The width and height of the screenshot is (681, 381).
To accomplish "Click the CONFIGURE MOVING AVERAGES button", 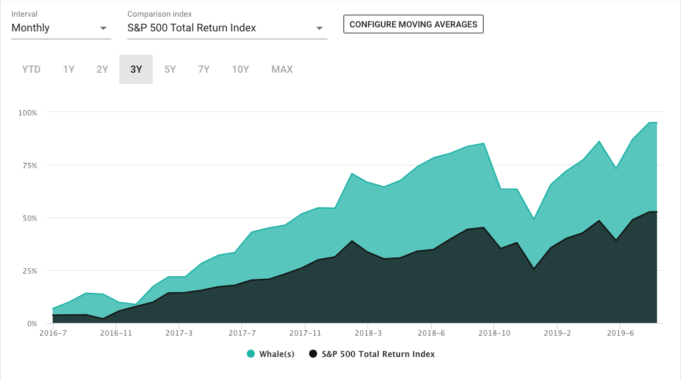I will click(413, 24).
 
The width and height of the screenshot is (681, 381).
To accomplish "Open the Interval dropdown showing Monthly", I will click(61, 28).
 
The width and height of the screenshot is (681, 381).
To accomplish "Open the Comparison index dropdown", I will click(227, 28).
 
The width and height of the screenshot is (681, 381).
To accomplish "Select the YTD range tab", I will click(31, 69).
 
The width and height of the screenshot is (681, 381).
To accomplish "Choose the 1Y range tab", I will click(69, 69).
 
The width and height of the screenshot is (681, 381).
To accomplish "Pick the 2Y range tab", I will click(102, 69).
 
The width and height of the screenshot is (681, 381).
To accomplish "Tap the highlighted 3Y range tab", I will click(136, 69).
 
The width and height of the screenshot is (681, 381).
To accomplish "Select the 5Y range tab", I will click(170, 69).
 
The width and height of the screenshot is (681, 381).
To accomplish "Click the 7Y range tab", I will click(203, 69).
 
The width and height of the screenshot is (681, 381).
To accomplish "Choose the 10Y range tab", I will click(240, 69).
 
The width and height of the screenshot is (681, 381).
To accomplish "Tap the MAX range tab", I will click(282, 69).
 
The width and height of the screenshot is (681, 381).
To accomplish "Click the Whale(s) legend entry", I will click(271, 354).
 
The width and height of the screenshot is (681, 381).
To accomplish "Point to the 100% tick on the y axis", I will click(28, 113).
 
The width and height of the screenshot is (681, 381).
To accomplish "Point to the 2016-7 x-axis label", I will click(53, 332).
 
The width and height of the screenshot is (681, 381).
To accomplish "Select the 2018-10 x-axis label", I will click(495, 332).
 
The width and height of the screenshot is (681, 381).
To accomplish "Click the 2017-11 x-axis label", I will click(305, 332).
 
